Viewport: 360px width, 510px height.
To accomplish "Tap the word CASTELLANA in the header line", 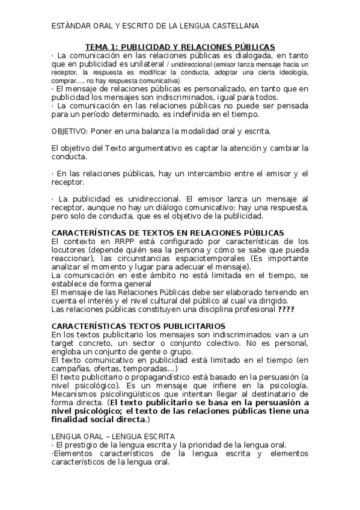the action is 234,26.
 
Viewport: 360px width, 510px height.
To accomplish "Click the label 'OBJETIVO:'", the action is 69,131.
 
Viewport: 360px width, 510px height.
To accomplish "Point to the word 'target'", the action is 65,343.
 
